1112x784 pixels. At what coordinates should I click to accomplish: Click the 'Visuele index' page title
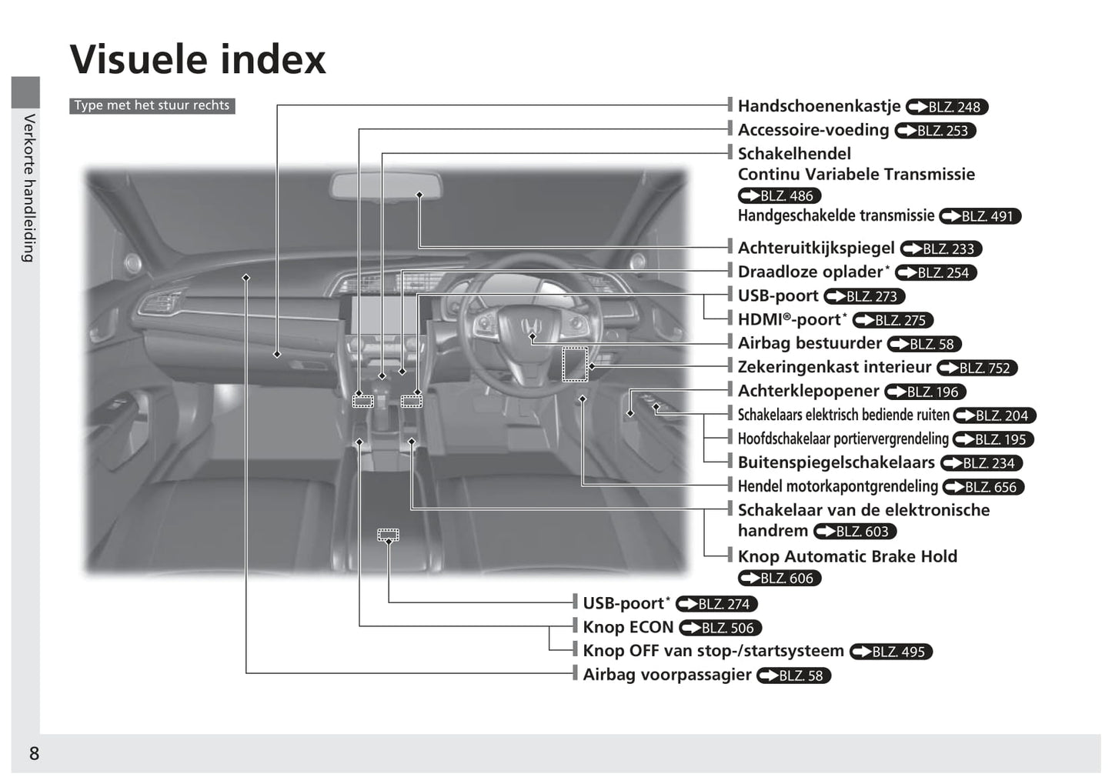(198, 59)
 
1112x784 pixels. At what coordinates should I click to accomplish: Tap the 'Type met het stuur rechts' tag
(152, 105)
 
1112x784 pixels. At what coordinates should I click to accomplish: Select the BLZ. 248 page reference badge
(947, 107)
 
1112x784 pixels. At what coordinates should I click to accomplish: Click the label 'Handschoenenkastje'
(819, 105)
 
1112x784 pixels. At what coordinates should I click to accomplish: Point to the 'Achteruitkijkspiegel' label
(816, 248)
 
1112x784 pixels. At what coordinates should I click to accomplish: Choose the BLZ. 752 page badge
(977, 368)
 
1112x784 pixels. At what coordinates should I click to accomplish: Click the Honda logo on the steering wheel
(531, 326)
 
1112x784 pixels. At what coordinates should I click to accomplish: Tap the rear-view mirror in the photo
(386, 187)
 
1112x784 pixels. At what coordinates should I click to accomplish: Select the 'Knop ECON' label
(628, 627)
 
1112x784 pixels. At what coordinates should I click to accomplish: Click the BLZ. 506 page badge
(720, 628)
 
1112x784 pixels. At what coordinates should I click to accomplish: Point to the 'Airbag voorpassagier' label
(667, 674)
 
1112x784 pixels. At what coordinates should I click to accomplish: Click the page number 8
(34, 753)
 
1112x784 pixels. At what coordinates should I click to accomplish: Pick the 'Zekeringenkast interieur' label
(834, 367)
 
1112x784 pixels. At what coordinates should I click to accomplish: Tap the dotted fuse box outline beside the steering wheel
(575, 364)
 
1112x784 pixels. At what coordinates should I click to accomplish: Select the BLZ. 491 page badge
(980, 216)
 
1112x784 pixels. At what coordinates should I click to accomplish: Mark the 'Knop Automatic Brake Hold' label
(847, 556)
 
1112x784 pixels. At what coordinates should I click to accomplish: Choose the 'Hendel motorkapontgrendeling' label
(837, 485)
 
